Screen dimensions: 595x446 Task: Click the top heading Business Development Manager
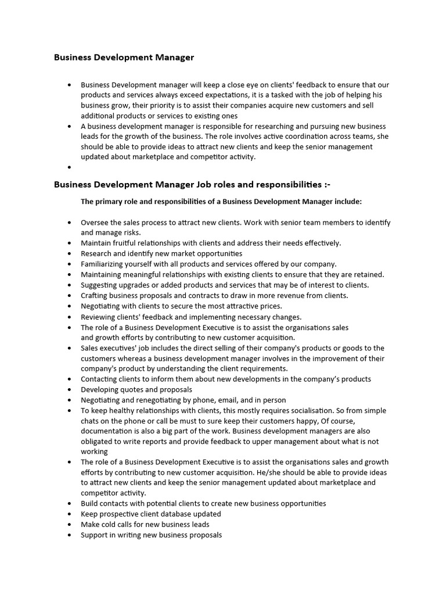pos(124,58)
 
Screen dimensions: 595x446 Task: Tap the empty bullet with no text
pos(70,167)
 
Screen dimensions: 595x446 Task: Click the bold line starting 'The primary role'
pos(221,202)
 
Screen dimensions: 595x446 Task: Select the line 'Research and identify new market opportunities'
pos(161,253)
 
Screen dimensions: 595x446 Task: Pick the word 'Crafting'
pos(95,295)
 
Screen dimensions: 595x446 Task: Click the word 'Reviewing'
pos(98,317)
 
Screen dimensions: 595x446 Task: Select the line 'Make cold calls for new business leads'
pos(145,524)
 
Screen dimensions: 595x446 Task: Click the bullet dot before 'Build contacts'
pos(70,504)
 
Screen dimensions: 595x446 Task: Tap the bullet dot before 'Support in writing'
pos(70,535)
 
